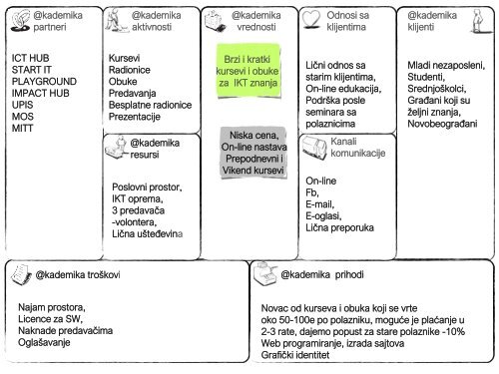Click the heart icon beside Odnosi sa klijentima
click(x=312, y=21)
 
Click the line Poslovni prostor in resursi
click(x=150, y=187)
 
